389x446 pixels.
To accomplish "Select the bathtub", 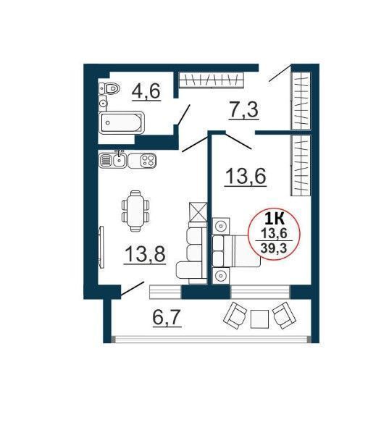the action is click(x=122, y=122).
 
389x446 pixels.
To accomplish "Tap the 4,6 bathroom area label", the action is click(x=146, y=91).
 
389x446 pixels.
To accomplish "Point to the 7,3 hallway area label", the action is click(x=243, y=110).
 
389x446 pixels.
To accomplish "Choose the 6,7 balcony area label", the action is click(x=167, y=317).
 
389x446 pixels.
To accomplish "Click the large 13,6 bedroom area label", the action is click(x=246, y=177).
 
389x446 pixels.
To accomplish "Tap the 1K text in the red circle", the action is click(x=274, y=219).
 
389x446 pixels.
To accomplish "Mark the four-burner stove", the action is click(x=149, y=161).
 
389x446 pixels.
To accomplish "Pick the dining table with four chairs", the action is click(x=135, y=211).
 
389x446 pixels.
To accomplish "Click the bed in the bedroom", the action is click(x=236, y=251).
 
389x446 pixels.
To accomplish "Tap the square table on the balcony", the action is click(x=259, y=319).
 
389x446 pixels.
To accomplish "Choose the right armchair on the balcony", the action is click(x=285, y=316).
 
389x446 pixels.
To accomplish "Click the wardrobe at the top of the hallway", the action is click(x=212, y=80).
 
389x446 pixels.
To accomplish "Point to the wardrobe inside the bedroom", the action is click(x=301, y=166).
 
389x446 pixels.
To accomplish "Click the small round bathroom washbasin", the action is click(x=102, y=104).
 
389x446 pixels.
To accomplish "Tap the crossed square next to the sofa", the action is click(x=198, y=212).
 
